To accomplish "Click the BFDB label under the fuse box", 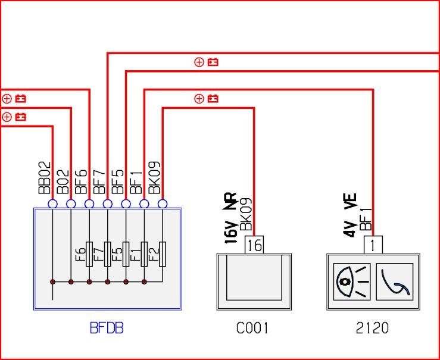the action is [x=107, y=328].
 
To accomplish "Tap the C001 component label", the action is [x=252, y=328].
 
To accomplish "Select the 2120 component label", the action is [x=372, y=328].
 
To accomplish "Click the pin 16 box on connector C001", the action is [x=254, y=245].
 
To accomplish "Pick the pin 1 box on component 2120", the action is [x=373, y=245].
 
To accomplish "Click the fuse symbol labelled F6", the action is [x=89, y=254].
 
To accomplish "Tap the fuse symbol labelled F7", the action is [x=108, y=254].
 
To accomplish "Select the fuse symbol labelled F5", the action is [x=126, y=254].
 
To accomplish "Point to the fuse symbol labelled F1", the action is [x=144, y=254].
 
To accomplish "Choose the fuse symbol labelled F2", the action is [x=163, y=254].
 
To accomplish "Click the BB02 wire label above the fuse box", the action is [x=45, y=178].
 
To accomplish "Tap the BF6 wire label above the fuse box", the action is [x=82, y=181].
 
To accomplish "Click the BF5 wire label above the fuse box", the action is [x=118, y=181].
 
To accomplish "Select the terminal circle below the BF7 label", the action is [x=108, y=204].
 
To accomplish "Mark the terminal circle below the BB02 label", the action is [x=52, y=204].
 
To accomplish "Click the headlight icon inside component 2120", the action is [x=352, y=282].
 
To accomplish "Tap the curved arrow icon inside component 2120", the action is [x=395, y=282].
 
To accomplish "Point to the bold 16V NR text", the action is [x=231, y=218].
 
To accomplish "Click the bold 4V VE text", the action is [x=350, y=215].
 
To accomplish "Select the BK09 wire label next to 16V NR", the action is [x=246, y=215].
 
